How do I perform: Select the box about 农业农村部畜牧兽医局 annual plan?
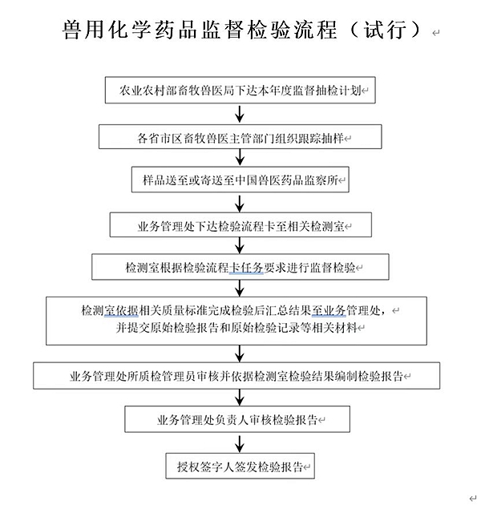240,91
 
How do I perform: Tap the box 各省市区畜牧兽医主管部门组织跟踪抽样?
240,137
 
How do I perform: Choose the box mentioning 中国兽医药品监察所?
240,180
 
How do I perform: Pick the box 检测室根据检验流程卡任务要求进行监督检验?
240,268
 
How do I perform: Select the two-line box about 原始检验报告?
240,319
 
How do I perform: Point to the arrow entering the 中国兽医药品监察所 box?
240,158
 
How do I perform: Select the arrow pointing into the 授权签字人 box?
240,442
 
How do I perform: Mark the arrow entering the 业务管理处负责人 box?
240,398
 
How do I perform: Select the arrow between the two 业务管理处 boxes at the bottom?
240,398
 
